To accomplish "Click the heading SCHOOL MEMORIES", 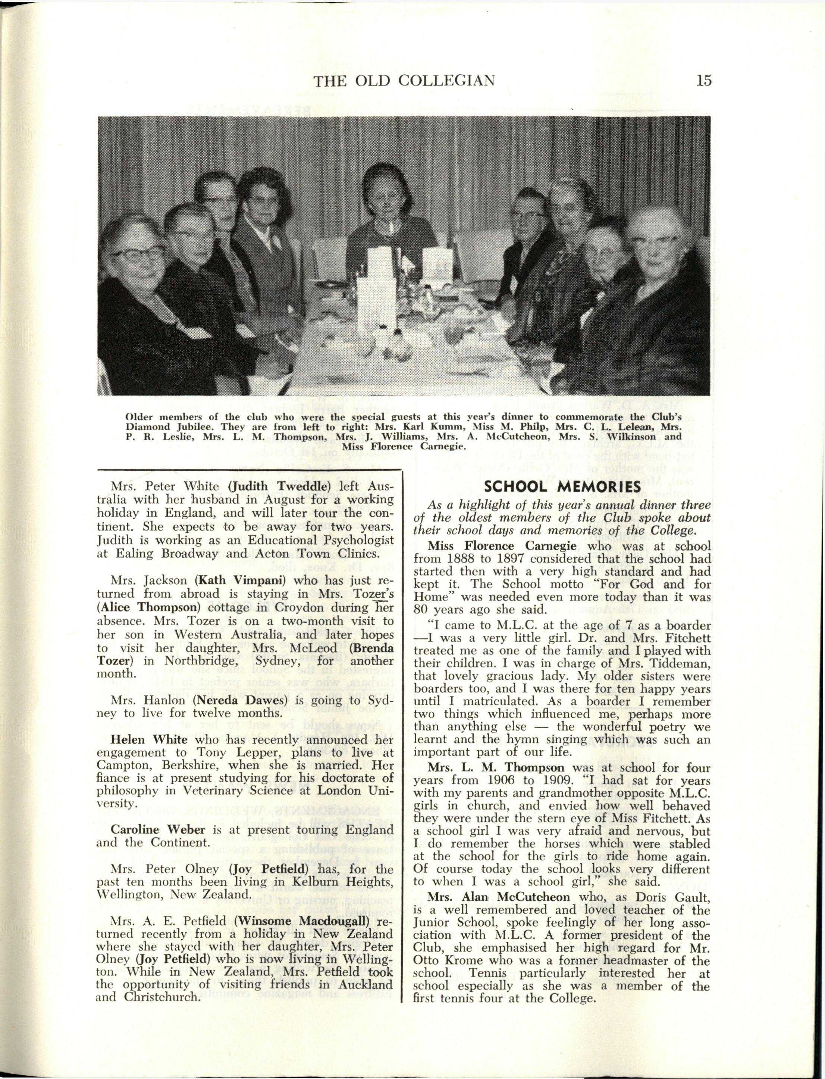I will tap(562, 486).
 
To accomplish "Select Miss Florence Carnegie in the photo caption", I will tap(403, 447).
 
